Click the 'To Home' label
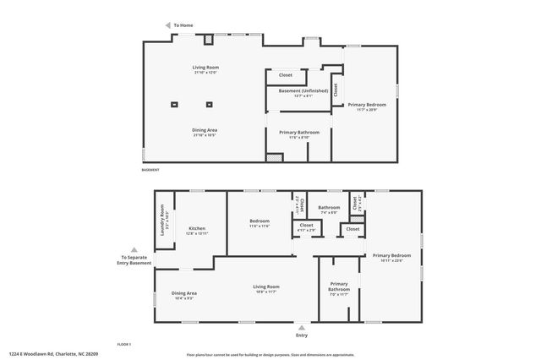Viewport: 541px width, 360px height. (x=184, y=26)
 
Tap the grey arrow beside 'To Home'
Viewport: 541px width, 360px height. (x=167, y=26)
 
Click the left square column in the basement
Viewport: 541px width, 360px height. (x=174, y=104)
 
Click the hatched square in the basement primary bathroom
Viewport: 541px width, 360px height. (x=273, y=157)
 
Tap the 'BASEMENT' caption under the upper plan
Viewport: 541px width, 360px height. (x=151, y=171)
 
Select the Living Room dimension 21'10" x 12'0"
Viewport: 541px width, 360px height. (x=205, y=74)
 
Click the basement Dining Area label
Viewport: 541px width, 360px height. (x=205, y=129)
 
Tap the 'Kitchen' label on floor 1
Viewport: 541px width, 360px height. (x=197, y=228)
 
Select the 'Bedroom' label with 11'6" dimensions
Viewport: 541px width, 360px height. (x=260, y=221)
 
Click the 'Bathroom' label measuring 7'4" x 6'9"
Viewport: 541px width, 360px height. (x=329, y=208)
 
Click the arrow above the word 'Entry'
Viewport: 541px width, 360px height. (x=302, y=326)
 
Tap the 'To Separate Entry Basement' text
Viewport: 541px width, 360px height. (x=136, y=259)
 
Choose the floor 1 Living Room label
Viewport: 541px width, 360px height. (x=266, y=286)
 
